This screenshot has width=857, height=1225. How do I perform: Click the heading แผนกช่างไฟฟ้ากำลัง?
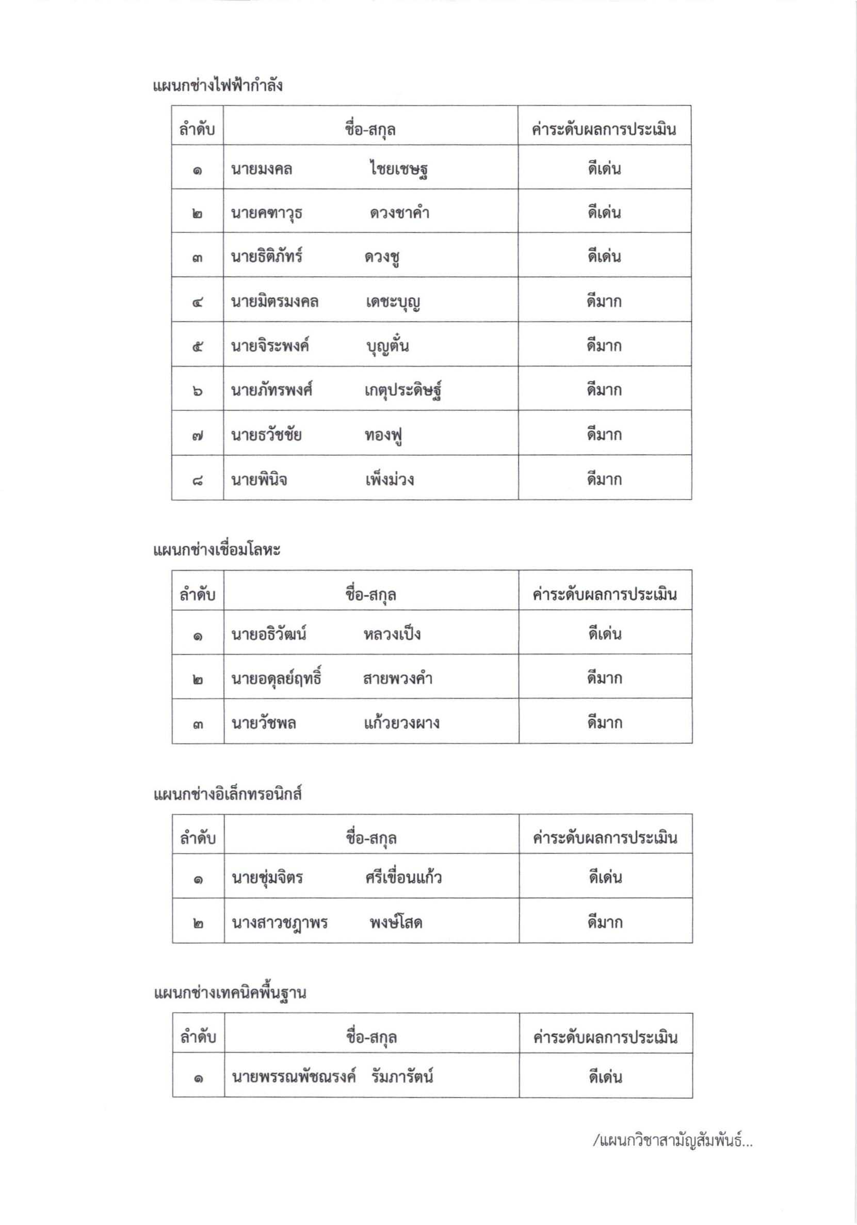click(218, 86)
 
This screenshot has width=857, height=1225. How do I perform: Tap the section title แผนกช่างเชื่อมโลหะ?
click(217, 550)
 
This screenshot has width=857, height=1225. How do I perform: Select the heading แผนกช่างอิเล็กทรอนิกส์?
click(228, 794)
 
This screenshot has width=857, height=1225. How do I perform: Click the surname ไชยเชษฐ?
click(399, 170)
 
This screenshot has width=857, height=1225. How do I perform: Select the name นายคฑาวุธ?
click(267, 213)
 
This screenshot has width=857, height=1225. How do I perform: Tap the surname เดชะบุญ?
click(393, 302)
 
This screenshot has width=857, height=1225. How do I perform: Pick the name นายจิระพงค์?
click(270, 346)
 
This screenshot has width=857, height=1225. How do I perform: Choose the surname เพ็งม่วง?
click(390, 480)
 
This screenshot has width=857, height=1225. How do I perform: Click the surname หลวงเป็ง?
click(392, 634)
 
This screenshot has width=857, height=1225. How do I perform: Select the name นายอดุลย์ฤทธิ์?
click(276, 679)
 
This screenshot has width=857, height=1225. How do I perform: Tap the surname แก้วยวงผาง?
click(401, 723)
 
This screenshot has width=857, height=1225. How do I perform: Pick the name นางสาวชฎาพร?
click(280, 922)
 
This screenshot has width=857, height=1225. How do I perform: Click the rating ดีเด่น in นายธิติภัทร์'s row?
click(604, 257)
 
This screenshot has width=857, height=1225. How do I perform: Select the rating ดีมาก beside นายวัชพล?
click(605, 723)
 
